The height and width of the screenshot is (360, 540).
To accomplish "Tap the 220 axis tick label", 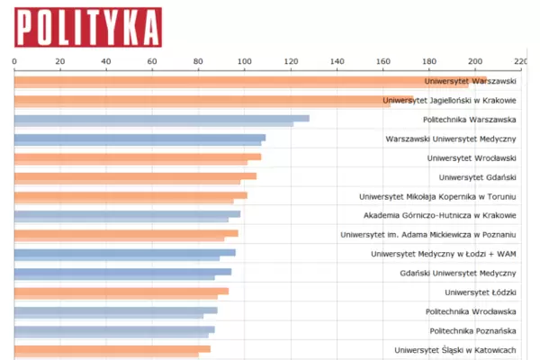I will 520,61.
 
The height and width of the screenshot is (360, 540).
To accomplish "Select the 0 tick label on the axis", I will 14,61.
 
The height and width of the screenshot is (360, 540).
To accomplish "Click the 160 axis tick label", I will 383,61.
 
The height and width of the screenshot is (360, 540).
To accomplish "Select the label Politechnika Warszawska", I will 469,120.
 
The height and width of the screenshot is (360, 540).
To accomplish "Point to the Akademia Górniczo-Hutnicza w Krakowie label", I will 440,216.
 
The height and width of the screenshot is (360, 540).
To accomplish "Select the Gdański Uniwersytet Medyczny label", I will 457,273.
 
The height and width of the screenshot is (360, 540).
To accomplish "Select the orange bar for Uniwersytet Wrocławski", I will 135,158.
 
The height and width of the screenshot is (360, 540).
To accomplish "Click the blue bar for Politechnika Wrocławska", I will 113,311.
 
